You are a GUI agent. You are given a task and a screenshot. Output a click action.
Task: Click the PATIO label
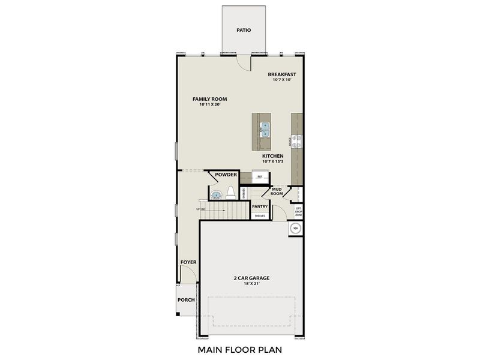click(243, 29)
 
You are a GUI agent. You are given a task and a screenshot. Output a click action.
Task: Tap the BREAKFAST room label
click(282, 75)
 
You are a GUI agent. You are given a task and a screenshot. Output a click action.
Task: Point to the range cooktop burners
click(297, 140)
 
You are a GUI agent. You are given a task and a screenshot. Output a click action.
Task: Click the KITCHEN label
click(272, 156)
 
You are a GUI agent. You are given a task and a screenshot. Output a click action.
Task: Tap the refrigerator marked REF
click(260, 176)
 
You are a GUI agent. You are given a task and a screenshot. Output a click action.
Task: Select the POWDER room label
click(226, 175)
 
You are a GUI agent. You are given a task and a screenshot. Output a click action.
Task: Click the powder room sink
click(215, 194)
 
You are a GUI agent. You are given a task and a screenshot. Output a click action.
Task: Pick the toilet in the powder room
click(230, 193)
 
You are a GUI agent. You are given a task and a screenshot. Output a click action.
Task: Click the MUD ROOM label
click(277, 191)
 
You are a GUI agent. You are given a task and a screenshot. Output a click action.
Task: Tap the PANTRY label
click(260, 206)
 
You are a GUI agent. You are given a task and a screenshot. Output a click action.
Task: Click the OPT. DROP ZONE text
click(298, 210)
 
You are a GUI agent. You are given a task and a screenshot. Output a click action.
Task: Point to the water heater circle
click(295, 229)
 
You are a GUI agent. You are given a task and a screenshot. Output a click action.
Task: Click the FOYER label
click(188, 262)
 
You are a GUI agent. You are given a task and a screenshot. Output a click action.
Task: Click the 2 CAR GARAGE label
click(251, 278)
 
